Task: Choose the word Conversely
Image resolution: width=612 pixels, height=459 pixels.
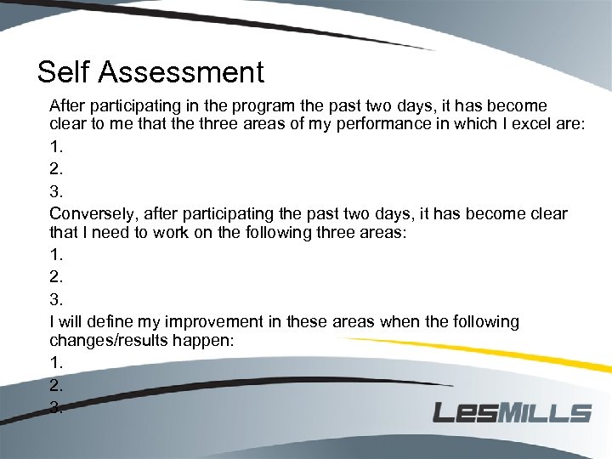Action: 93,213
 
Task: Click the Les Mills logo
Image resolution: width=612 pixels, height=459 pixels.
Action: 512,412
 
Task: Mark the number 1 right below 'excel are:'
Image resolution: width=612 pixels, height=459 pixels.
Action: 55,146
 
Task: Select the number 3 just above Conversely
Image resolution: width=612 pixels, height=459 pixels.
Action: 55,190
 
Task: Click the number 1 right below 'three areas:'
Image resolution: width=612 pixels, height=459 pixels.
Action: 55,254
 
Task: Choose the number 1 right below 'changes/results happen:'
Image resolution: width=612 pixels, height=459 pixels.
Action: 55,363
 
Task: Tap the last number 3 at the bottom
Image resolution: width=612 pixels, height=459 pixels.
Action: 55,407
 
